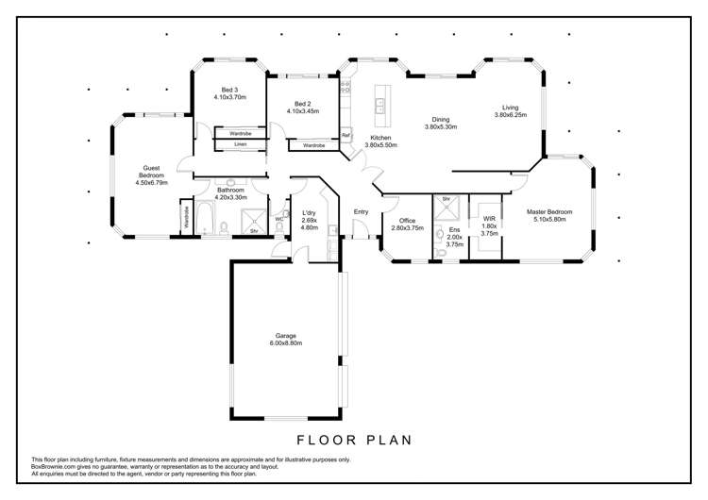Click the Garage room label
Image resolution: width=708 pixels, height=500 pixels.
(286, 336)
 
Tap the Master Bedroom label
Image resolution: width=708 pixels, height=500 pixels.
(549, 211)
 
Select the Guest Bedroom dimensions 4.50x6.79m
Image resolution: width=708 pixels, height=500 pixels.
(151, 183)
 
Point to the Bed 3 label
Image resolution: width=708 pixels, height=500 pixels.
(229, 90)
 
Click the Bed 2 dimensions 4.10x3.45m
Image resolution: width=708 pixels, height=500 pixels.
(303, 111)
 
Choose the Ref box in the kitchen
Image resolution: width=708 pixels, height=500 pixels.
(346, 135)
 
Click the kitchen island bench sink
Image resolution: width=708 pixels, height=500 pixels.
(379, 106)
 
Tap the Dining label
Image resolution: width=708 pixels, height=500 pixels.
(441, 120)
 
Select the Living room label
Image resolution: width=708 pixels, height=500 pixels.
(511, 108)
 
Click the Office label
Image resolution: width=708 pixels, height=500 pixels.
(407, 221)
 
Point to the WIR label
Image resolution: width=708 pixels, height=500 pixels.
(489, 219)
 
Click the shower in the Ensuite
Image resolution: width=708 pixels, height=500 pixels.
(447, 208)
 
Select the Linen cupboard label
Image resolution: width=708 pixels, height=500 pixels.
(240, 144)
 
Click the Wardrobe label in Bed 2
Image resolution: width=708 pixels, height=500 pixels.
(313, 145)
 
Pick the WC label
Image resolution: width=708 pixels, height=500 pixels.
(279, 219)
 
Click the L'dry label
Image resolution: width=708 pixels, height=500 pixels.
(310, 213)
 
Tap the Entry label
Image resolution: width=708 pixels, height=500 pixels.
(361, 211)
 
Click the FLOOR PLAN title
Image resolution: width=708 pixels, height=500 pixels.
(354, 440)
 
